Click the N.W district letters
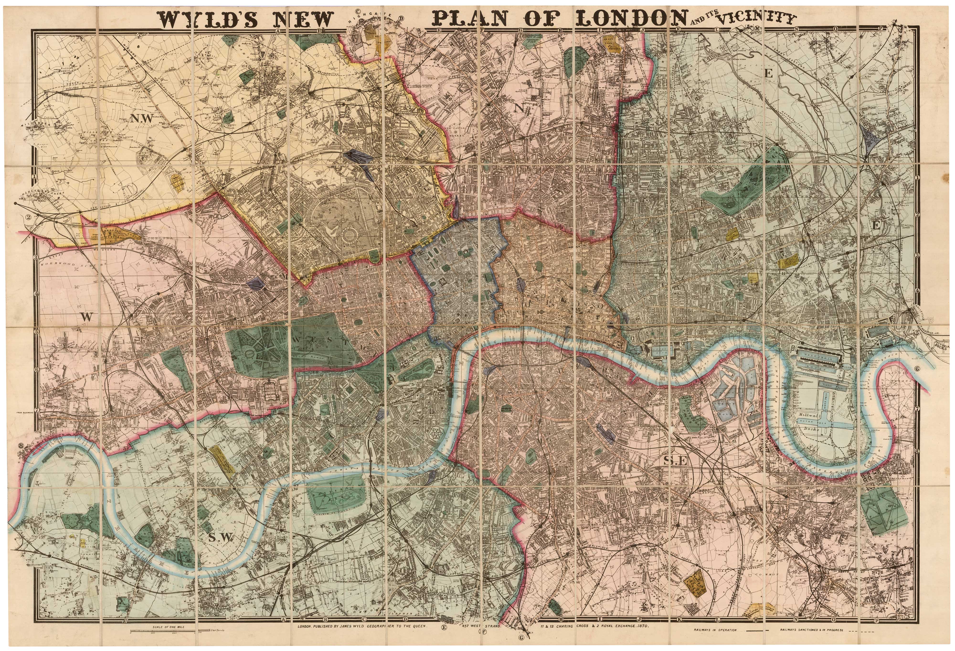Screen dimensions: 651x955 point(142,119)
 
